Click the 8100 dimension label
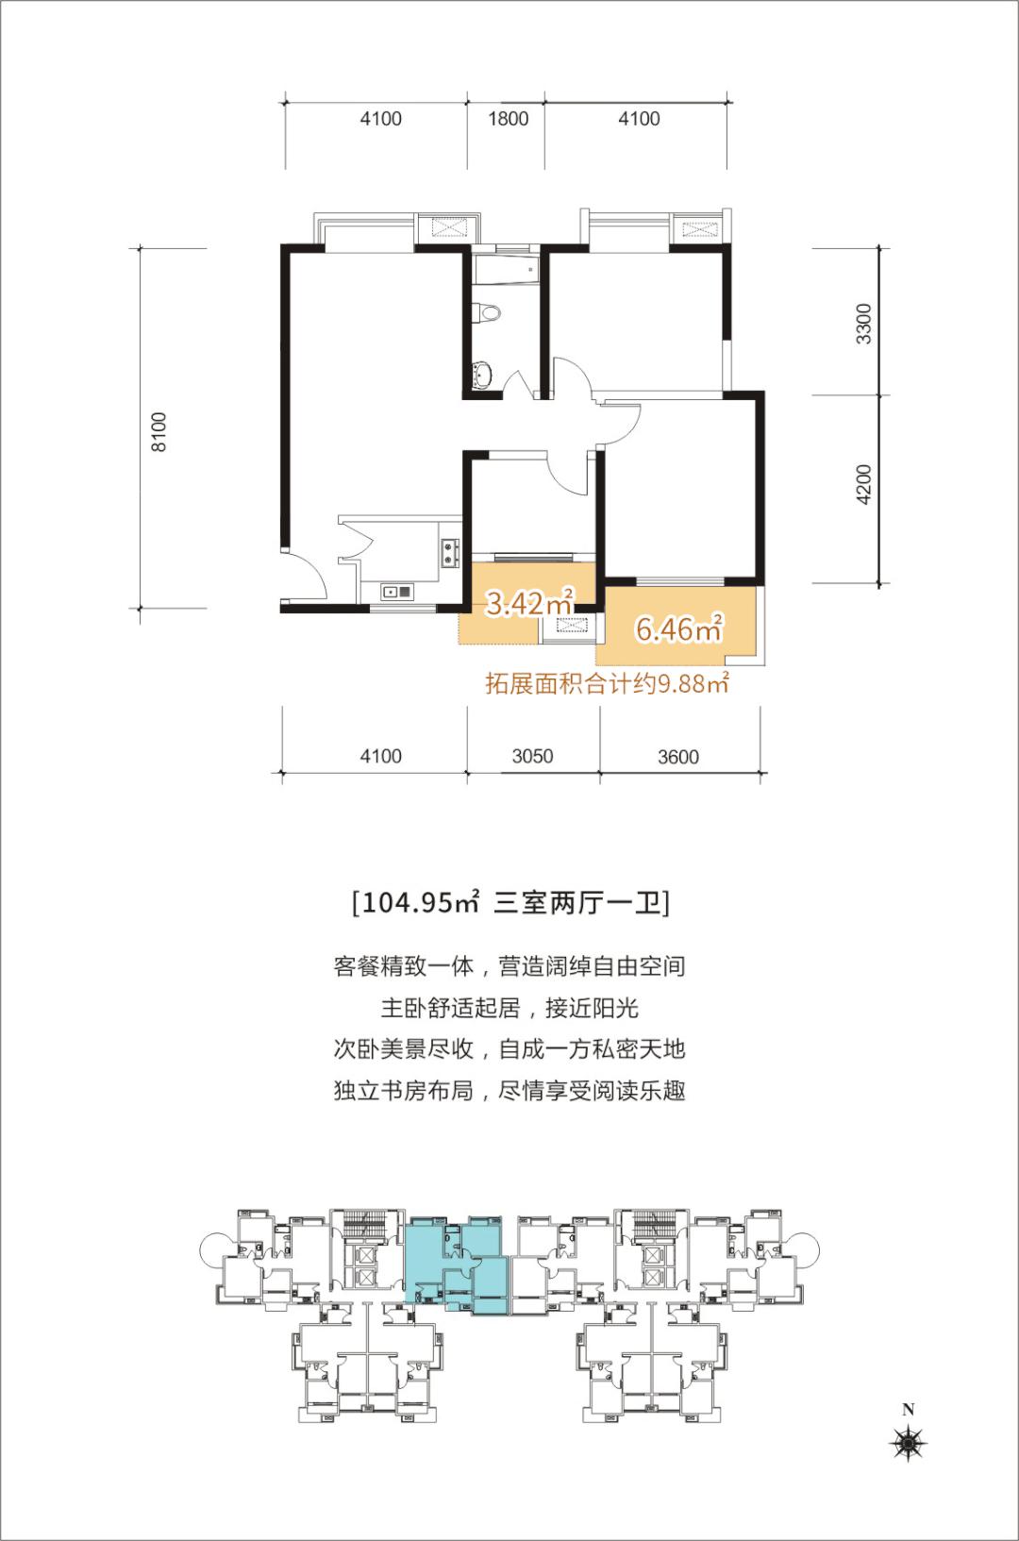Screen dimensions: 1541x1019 [x=159, y=431]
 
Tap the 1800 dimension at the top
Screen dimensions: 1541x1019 [x=508, y=119]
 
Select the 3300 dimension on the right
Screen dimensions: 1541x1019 [x=863, y=323]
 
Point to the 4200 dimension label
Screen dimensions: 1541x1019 [x=863, y=485]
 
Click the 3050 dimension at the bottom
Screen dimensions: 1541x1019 [x=532, y=756]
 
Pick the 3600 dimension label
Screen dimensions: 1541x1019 [x=678, y=757]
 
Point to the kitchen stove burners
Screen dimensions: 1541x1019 [x=448, y=551]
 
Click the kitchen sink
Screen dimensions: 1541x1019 [x=396, y=592]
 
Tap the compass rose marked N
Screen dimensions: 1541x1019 [x=909, y=1441]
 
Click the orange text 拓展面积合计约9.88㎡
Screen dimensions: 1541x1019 [x=607, y=683]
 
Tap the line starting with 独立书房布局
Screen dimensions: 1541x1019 [x=509, y=1092]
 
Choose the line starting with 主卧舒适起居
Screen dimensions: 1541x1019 [x=509, y=1008]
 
